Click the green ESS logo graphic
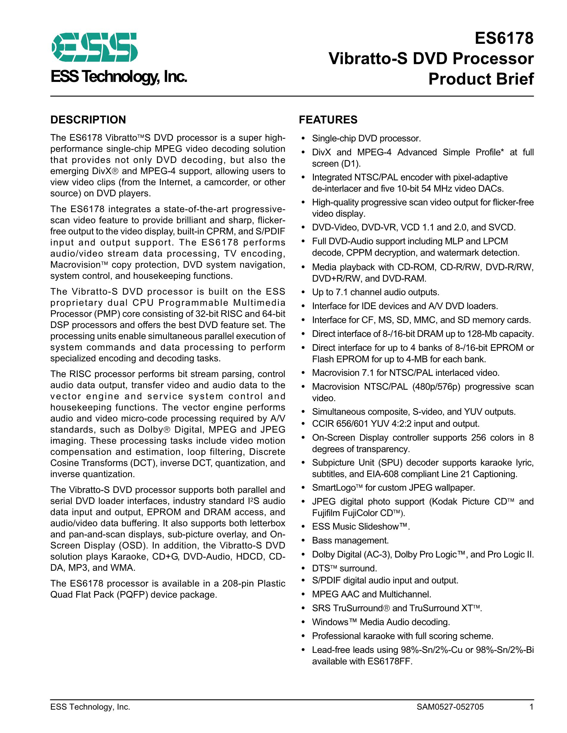pos(94,47)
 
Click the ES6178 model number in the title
pos(504,38)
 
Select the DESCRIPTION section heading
pos(88,120)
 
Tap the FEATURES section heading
pos(328,120)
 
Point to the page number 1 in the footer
pos(531,706)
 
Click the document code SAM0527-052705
pos(450,706)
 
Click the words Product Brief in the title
pos(481,79)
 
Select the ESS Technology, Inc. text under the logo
pos(119,77)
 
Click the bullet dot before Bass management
pos(303,541)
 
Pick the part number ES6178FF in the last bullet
pos(390,661)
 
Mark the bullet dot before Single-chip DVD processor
pos(303,138)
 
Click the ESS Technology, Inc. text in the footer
pos(90,706)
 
